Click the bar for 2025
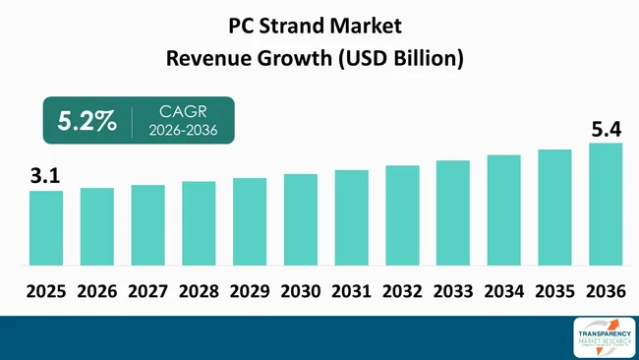(45, 228)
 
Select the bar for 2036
(606, 205)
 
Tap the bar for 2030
(300, 219)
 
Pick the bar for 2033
(453, 212)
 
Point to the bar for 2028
(199, 223)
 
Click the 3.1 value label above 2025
(44, 177)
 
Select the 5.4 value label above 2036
(606, 129)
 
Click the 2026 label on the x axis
(96, 291)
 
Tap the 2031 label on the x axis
(351, 291)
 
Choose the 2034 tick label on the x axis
(503, 291)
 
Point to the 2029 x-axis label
(249, 291)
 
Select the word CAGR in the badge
(182, 111)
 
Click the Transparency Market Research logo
(600, 336)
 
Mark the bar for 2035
(554, 208)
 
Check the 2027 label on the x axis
(147, 291)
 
